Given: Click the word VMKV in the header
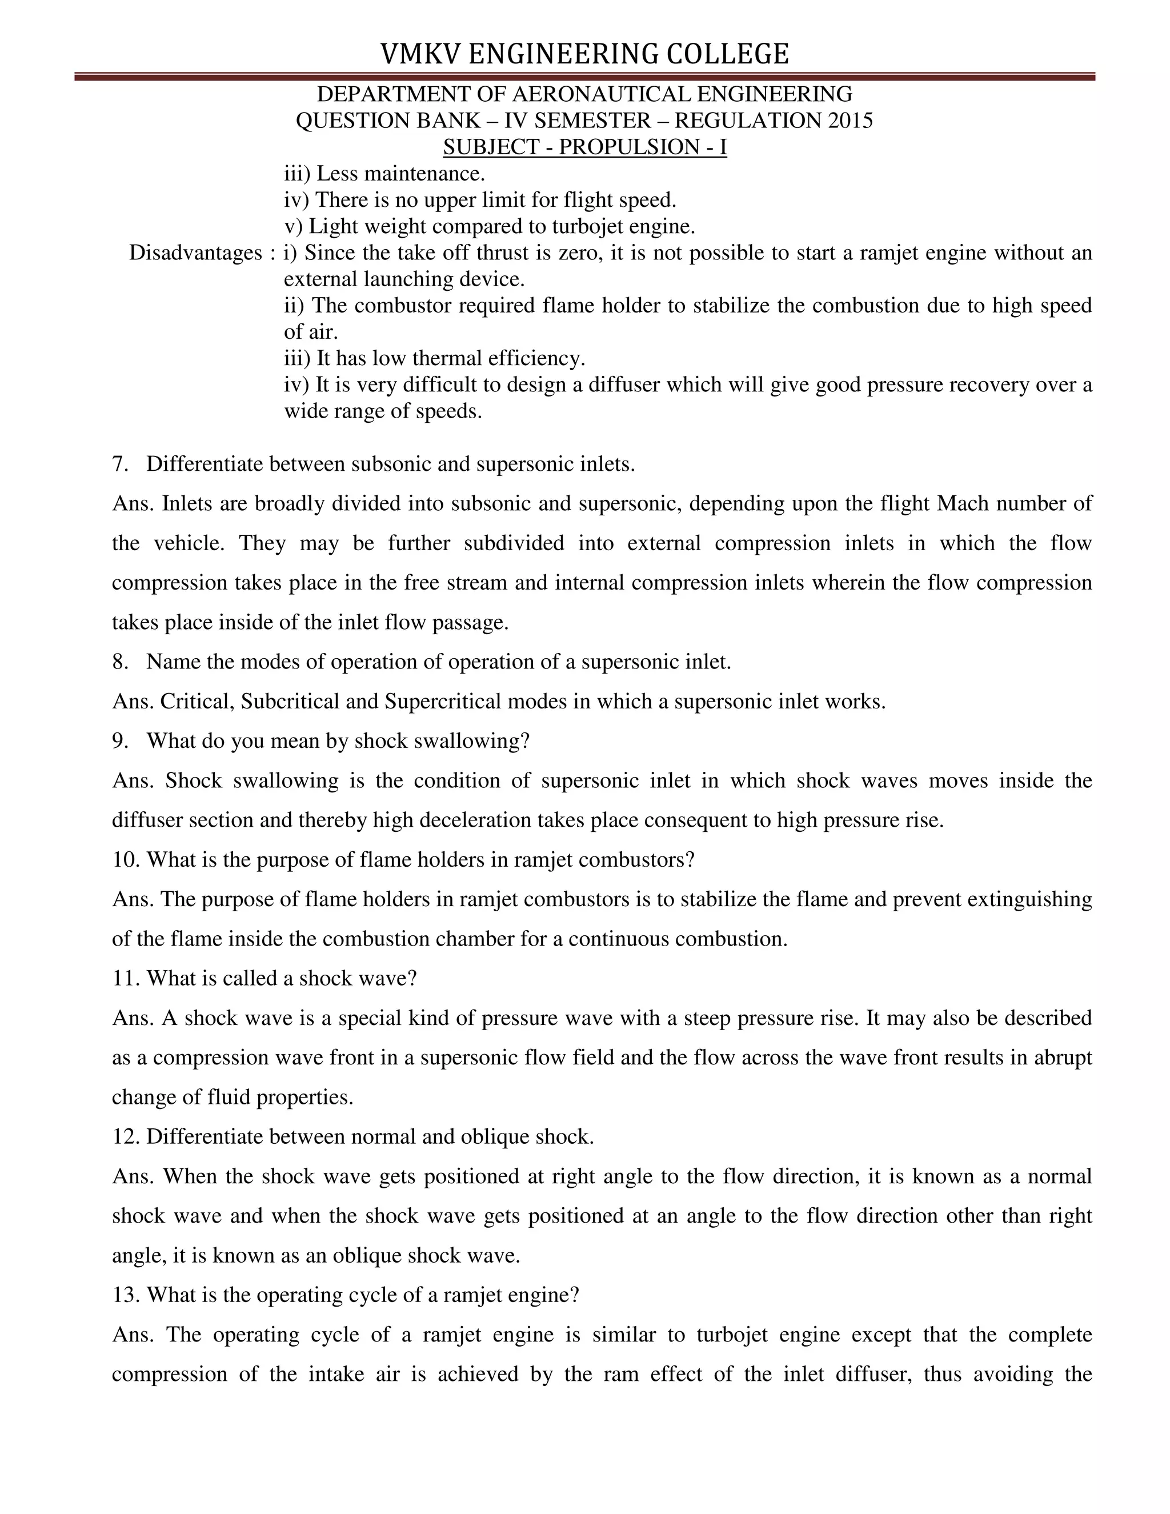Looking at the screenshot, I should point(420,54).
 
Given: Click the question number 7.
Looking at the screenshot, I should point(120,464).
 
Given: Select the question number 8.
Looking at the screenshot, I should point(120,662).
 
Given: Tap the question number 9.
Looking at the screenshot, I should point(120,740).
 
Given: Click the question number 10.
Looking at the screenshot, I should point(124,860).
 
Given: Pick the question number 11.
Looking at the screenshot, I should point(124,978).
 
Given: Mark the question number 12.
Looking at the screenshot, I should point(124,1136).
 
